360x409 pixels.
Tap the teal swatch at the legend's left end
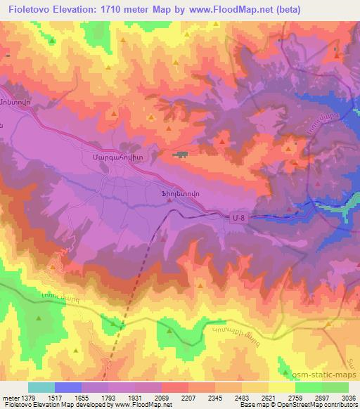tap(41, 388)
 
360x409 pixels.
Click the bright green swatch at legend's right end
tap(335, 388)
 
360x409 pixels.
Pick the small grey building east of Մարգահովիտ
tap(182, 153)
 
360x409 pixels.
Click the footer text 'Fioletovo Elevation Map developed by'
tap(53, 405)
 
